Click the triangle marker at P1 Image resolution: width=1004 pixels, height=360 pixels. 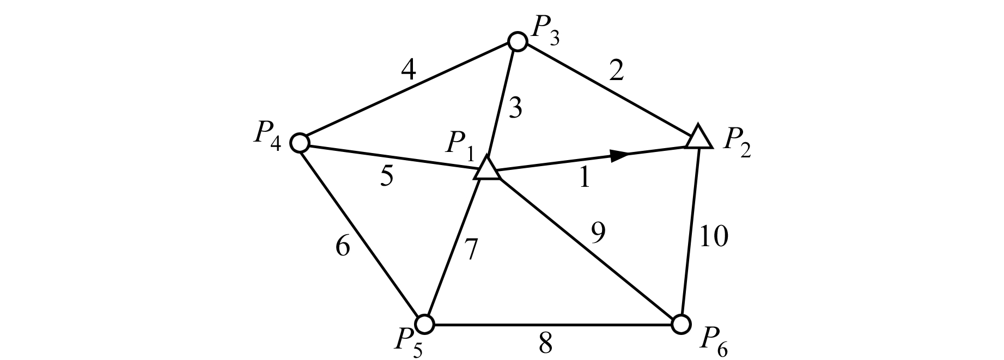click(486, 169)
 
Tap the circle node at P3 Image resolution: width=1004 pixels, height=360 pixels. click(517, 41)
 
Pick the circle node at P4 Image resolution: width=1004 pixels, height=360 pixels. click(300, 143)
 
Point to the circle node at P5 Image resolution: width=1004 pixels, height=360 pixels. click(425, 324)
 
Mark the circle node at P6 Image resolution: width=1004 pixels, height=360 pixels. click(680, 324)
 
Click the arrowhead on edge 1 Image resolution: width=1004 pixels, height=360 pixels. click(619, 155)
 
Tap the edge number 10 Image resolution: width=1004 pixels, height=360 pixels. click(713, 237)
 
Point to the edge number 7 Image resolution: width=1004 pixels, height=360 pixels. click(471, 250)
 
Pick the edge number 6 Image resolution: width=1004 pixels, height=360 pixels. click(343, 247)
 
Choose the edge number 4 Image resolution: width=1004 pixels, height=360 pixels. click(409, 70)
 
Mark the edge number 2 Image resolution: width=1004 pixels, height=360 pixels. click(616, 71)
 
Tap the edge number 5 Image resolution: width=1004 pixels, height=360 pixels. click(386, 177)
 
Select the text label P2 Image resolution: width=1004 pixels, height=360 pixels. click(737, 143)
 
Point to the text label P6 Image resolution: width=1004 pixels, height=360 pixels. click(714, 341)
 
